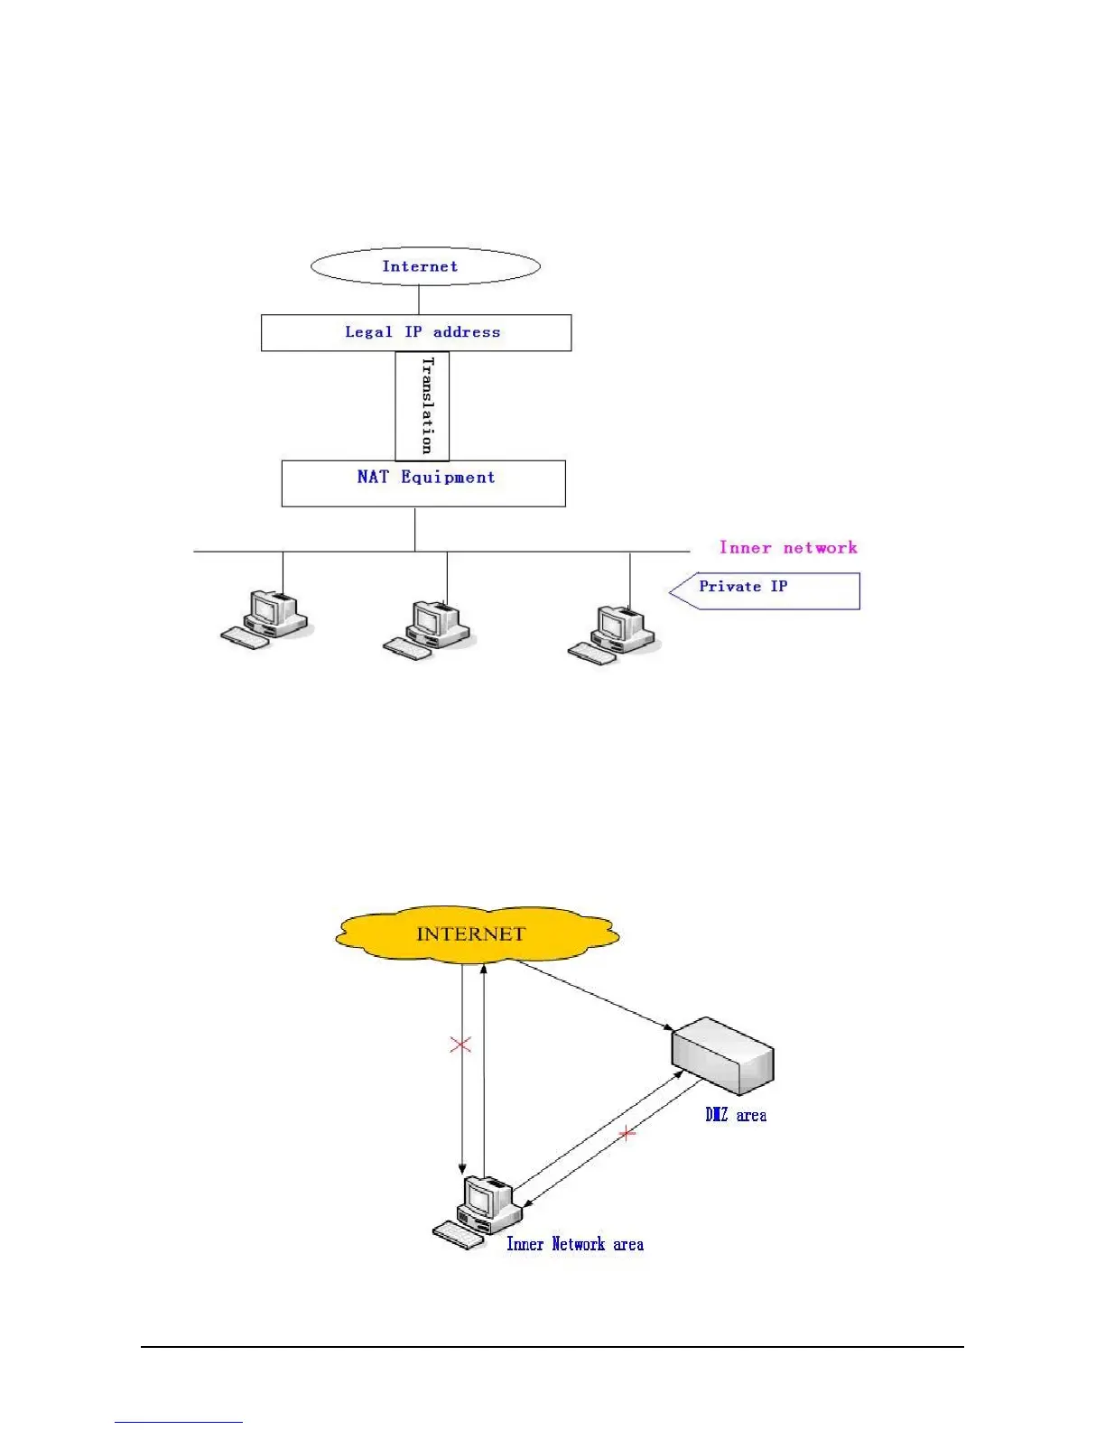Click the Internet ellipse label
(x=421, y=266)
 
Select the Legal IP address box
(x=416, y=332)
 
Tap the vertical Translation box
(x=422, y=406)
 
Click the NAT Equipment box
(x=423, y=484)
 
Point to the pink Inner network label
(x=788, y=547)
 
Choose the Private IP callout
(x=765, y=590)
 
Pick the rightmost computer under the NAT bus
(x=614, y=634)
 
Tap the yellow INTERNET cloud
(x=477, y=933)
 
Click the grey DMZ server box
(x=723, y=1055)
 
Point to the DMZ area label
(x=736, y=1116)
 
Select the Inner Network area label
(x=575, y=1244)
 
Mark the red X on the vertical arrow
(x=460, y=1045)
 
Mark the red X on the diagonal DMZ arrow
(x=627, y=1133)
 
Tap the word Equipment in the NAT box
(x=448, y=478)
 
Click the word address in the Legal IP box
(x=467, y=332)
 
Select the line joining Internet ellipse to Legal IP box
(x=419, y=300)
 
